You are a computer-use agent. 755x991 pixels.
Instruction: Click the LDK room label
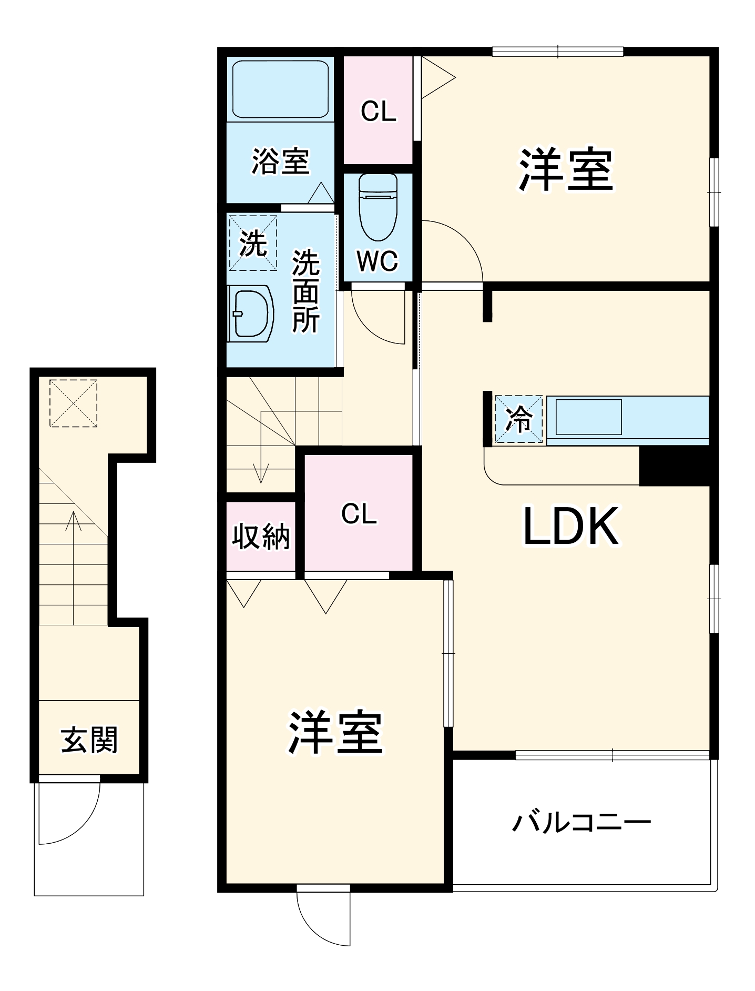click(x=571, y=526)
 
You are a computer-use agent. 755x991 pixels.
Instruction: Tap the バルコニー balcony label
click(x=581, y=822)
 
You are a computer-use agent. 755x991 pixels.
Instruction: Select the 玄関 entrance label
click(x=89, y=740)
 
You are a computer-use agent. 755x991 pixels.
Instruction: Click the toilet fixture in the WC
click(x=378, y=208)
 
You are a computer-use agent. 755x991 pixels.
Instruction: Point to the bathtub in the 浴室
click(x=280, y=89)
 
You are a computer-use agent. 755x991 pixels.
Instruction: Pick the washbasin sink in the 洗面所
click(x=251, y=314)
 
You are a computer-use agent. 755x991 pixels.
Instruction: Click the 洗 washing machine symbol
click(x=253, y=243)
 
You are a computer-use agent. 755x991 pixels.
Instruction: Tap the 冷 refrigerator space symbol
click(x=518, y=419)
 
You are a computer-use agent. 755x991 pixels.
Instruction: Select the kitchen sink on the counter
click(x=588, y=417)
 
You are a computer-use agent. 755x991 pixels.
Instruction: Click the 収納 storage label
click(x=261, y=537)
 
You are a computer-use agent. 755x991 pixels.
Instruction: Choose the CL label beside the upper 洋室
click(x=378, y=112)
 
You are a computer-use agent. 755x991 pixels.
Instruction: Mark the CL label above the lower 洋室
click(x=359, y=514)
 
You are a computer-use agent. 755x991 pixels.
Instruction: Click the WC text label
click(x=378, y=261)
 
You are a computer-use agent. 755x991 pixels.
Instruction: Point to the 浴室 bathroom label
click(x=280, y=161)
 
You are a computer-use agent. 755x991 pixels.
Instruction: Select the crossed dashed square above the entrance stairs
click(x=73, y=403)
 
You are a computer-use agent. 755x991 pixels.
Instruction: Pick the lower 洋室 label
click(x=335, y=733)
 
